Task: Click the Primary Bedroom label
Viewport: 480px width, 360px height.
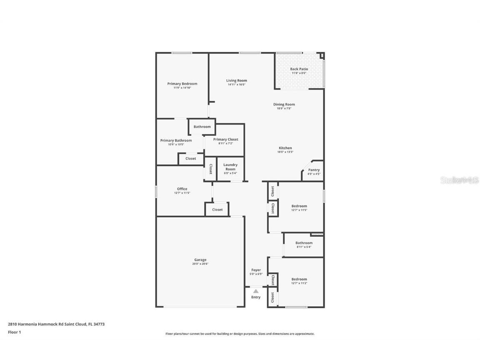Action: (182, 84)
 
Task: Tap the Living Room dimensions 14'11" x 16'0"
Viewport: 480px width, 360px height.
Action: (237, 85)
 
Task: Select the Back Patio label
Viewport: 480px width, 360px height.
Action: (299, 69)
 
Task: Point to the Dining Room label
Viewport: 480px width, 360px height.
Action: (284, 105)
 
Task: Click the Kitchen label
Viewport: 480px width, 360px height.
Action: (285, 148)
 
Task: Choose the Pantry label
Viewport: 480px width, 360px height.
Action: (314, 170)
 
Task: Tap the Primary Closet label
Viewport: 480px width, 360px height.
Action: (225, 139)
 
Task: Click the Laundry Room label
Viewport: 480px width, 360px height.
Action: (230, 167)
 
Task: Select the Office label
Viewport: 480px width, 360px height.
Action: (182, 189)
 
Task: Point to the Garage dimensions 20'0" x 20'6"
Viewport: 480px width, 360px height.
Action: (200, 264)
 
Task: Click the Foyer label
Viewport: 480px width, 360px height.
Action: (256, 270)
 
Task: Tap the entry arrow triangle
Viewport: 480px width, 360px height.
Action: (256, 291)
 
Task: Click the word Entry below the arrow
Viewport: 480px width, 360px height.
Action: (256, 297)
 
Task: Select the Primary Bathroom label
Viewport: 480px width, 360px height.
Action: (176, 140)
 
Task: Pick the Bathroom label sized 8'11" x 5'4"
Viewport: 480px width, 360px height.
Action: (304, 243)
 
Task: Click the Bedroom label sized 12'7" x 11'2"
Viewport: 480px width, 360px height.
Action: (299, 279)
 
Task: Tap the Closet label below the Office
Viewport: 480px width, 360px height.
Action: (217, 210)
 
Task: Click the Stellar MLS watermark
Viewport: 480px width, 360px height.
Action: (460, 180)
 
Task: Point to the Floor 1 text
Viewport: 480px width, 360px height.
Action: (14, 332)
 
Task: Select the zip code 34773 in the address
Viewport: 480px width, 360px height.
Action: (99, 324)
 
